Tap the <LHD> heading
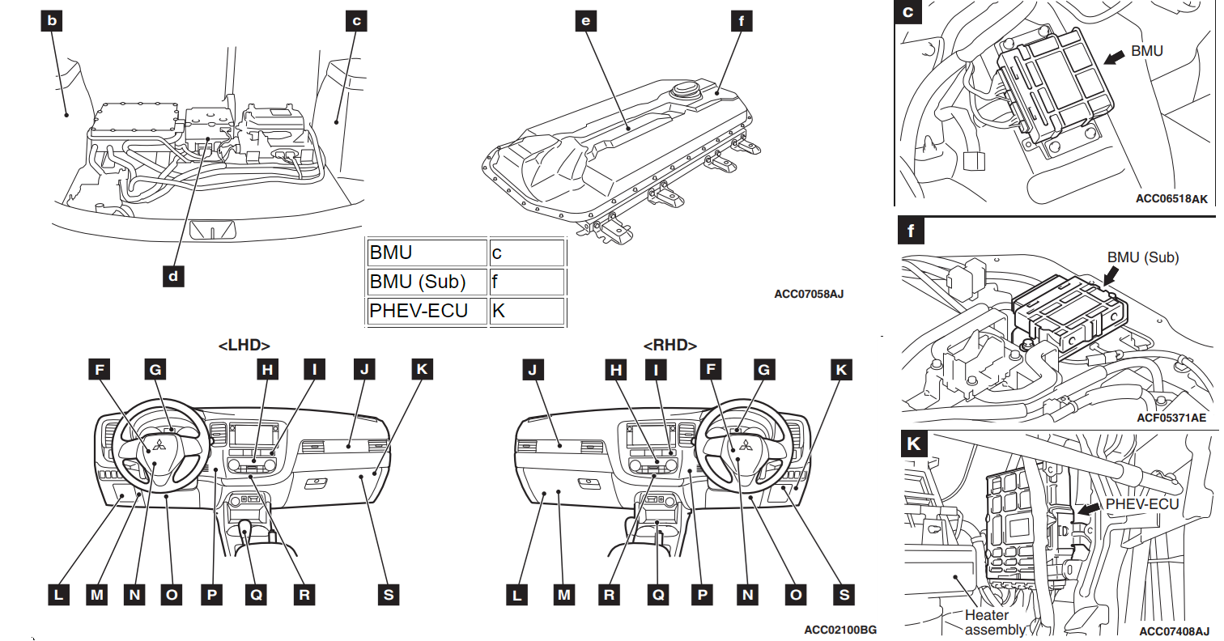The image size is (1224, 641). point(244,345)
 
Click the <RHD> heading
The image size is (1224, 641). point(669,345)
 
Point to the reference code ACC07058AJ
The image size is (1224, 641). point(808,295)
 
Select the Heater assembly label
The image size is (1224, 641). point(988,622)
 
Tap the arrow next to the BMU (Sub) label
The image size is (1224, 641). point(1113,274)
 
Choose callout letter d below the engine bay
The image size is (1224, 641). point(172,275)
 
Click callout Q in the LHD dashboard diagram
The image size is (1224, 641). point(256,595)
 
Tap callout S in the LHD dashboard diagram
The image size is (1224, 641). point(388,595)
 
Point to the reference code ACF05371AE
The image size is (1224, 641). point(1183,418)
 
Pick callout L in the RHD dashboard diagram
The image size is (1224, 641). point(516,595)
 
